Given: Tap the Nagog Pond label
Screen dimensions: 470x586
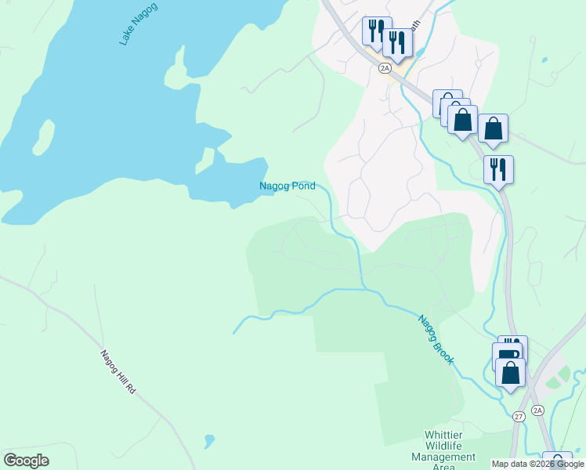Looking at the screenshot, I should tap(288, 186).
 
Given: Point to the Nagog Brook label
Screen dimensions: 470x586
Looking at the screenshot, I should tap(435, 338).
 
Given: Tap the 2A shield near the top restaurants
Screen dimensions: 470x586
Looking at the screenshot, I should tap(385, 68).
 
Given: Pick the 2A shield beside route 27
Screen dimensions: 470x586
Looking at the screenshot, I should tap(537, 410).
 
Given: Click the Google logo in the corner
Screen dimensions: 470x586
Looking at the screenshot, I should tap(26, 461).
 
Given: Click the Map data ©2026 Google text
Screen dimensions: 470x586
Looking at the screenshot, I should tap(537, 464).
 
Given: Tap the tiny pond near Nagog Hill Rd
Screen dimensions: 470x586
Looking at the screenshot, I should tap(208, 441).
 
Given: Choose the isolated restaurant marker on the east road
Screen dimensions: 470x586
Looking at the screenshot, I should tap(498, 169).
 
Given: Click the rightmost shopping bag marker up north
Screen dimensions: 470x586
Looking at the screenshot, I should tap(493, 128).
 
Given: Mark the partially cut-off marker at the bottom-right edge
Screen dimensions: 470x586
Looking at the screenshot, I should tap(557, 461).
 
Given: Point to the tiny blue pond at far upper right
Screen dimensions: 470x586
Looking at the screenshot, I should tap(544, 60).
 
